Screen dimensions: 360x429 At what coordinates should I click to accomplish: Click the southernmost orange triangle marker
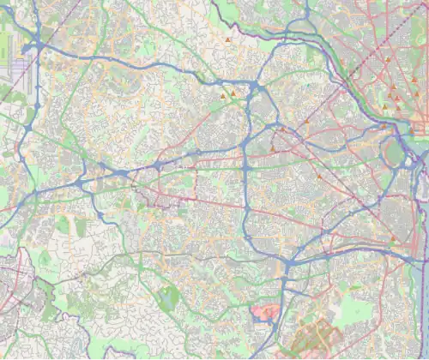393,237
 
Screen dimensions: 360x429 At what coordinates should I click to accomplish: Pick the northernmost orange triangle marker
228,40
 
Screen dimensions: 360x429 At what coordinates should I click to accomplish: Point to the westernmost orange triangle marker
222,94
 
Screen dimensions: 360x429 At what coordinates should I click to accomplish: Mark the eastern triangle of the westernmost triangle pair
232,93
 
